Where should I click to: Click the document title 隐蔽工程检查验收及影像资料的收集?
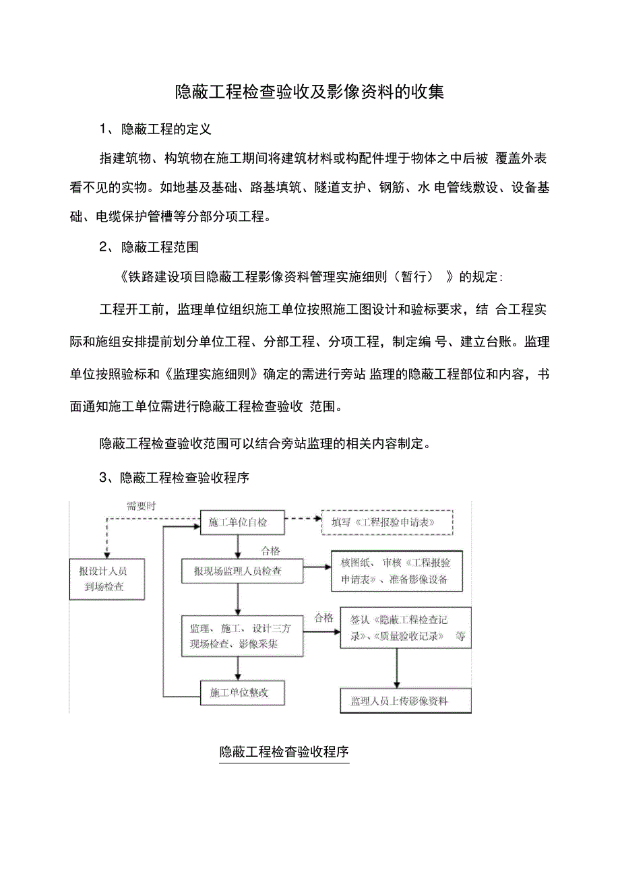pyautogui.click(x=309, y=92)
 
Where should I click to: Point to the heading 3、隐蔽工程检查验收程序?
pyautogui.click(x=175, y=478)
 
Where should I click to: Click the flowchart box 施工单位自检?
pyautogui.click(x=234, y=522)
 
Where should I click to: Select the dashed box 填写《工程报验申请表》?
pyautogui.click(x=387, y=522)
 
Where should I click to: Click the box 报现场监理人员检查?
pyautogui.click(x=242, y=571)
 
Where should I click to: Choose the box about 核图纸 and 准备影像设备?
pyautogui.click(x=396, y=571)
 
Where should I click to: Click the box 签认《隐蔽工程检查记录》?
pyautogui.click(x=405, y=628)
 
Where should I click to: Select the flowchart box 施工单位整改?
pyautogui.click(x=234, y=693)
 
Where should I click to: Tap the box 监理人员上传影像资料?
pyautogui.click(x=405, y=701)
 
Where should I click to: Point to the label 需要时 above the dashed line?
pyautogui.click(x=141, y=507)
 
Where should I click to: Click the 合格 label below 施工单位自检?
pyautogui.click(x=270, y=551)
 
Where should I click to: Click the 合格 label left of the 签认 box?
pyautogui.click(x=323, y=617)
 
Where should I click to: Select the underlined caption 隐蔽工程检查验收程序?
pyautogui.click(x=284, y=752)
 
